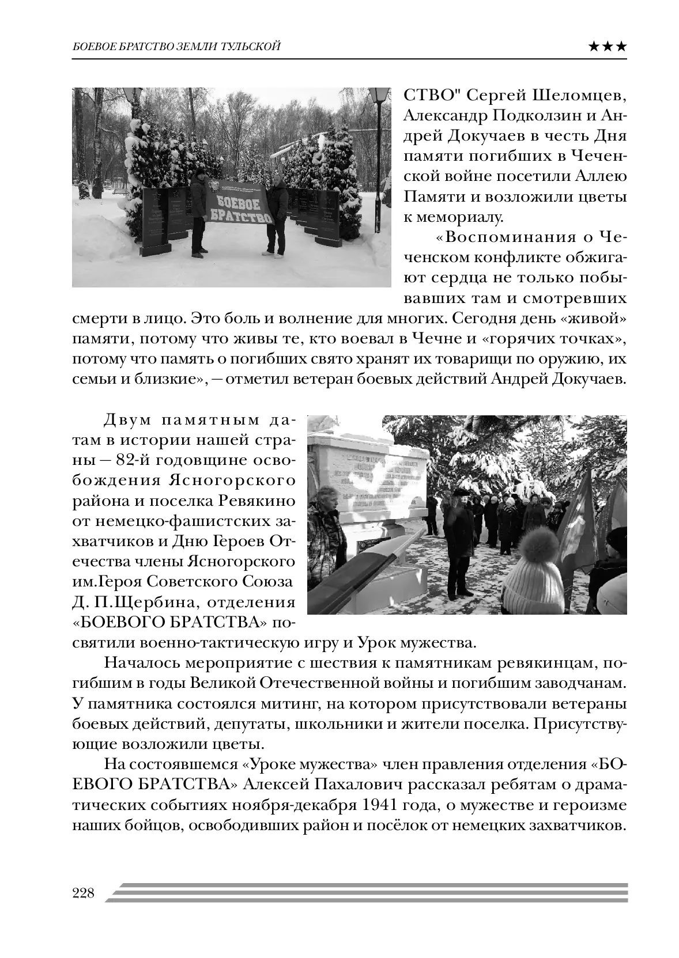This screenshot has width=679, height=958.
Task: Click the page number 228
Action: point(83,893)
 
